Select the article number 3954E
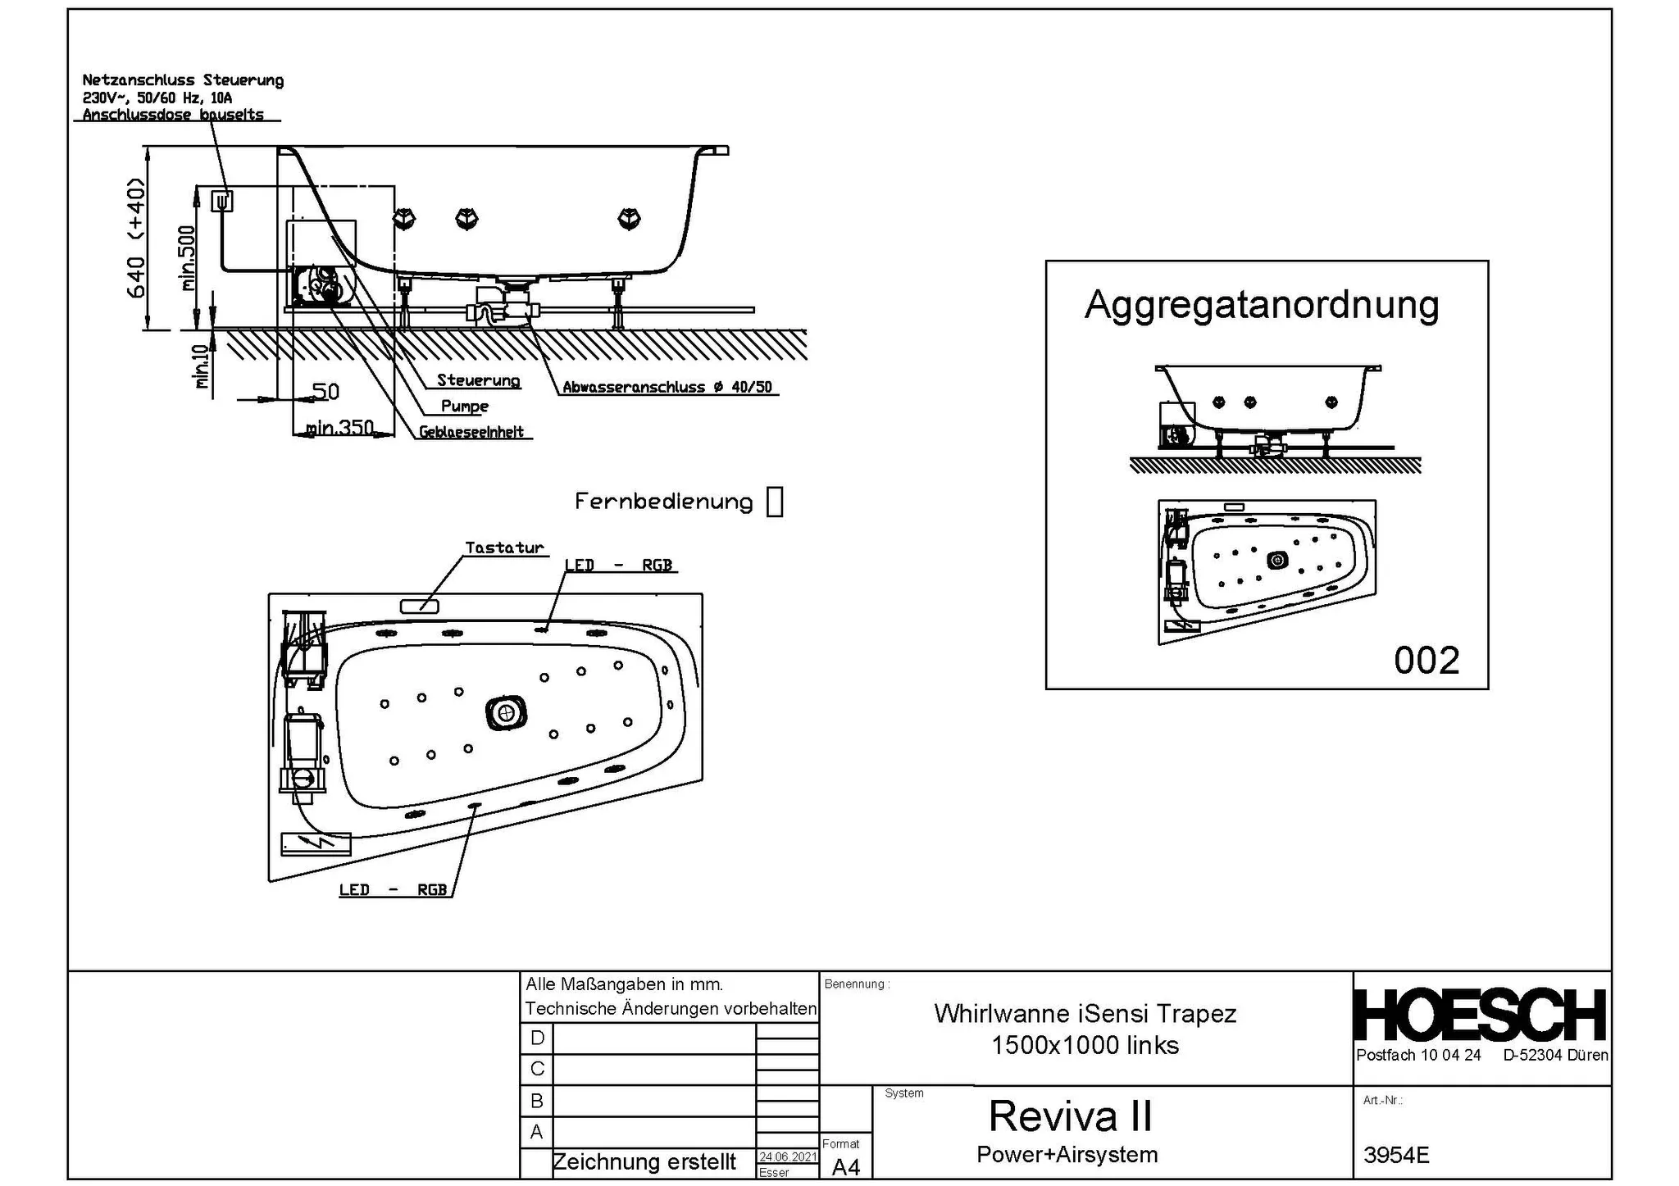click(1396, 1155)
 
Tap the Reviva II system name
click(1070, 1116)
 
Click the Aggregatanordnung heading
click(1261, 305)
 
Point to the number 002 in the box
click(1426, 661)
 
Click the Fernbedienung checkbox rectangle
click(774, 502)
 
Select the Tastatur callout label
click(504, 548)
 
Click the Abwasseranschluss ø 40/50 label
click(667, 387)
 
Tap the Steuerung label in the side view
click(478, 380)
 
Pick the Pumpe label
click(464, 406)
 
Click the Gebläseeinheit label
click(471, 432)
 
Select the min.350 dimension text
click(339, 428)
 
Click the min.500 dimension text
click(188, 258)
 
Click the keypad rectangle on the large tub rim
click(419, 607)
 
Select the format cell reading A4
click(845, 1166)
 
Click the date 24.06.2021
click(787, 1156)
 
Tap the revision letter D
click(537, 1038)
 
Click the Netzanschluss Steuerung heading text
click(183, 80)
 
